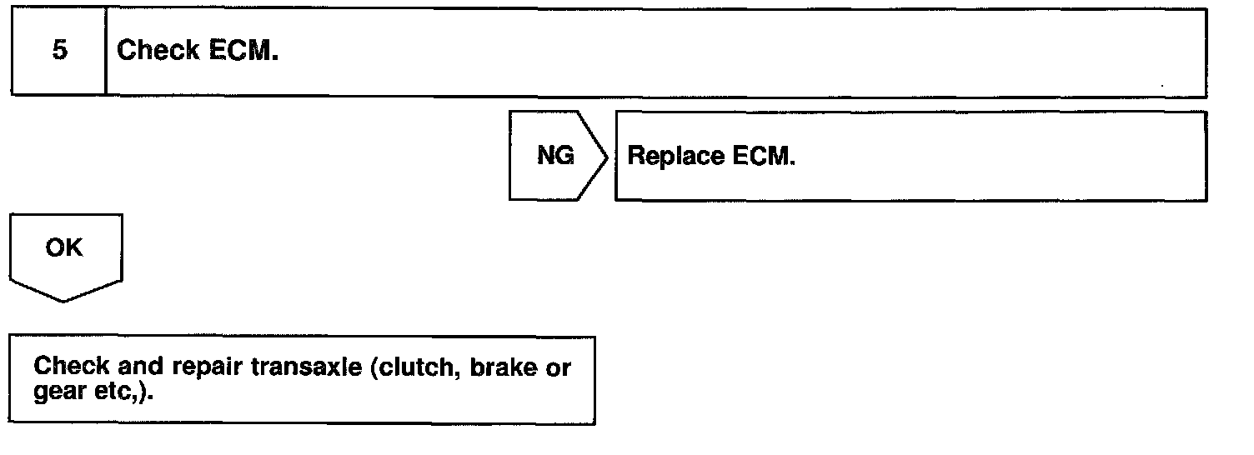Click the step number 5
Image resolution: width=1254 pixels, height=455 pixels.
(x=59, y=51)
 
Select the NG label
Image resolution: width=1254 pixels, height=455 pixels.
(x=555, y=155)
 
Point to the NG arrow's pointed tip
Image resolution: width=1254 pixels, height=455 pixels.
(x=608, y=155)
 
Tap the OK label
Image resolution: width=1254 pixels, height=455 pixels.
(x=64, y=247)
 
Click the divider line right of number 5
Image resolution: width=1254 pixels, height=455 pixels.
(x=106, y=51)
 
